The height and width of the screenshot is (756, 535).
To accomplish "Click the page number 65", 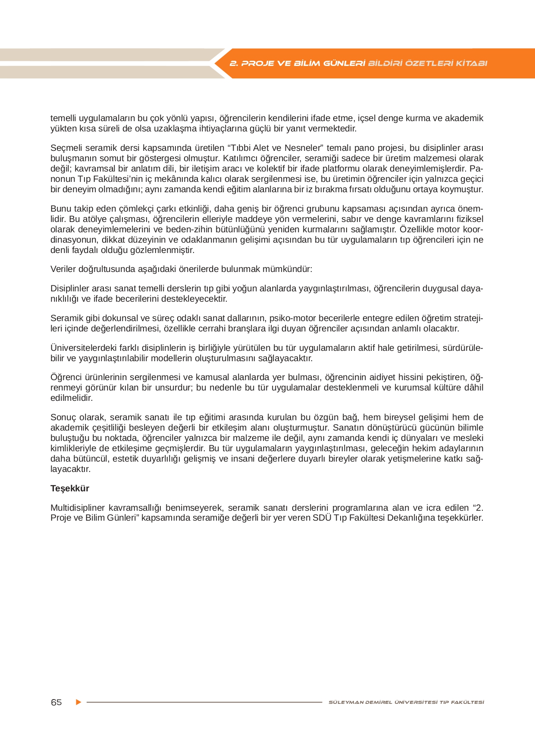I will point(56,702).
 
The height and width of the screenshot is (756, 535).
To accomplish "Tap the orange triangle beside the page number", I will point(78,702).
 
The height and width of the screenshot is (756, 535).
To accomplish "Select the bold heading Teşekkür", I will point(70,488).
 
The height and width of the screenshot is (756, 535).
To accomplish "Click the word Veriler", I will point(63,269).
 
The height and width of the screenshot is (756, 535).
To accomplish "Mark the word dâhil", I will point(473,387).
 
